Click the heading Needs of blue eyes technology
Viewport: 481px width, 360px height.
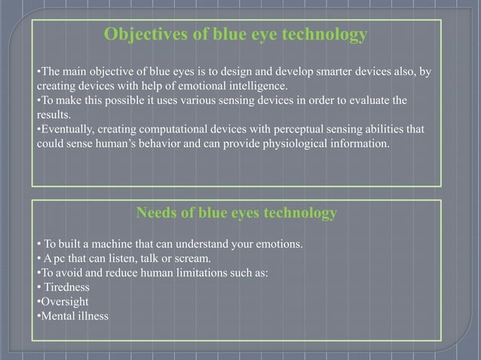tap(236, 214)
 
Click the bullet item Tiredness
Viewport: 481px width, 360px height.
tap(66, 287)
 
